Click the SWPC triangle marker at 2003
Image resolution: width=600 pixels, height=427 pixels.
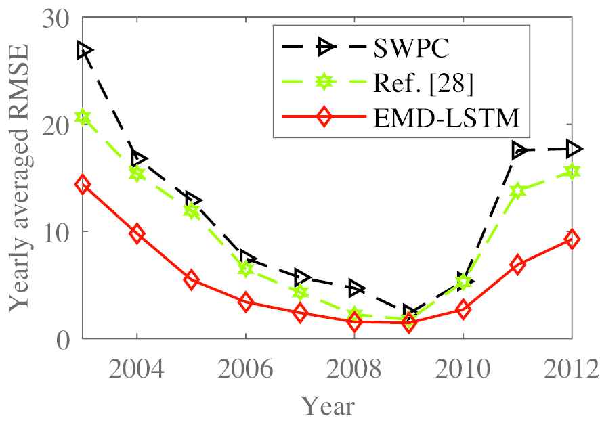(84, 50)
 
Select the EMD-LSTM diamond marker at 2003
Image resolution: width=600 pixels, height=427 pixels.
(83, 184)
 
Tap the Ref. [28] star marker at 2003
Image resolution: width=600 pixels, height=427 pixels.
(83, 117)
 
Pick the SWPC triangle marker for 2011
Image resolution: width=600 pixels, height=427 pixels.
(519, 150)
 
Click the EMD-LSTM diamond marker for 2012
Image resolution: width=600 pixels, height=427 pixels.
(572, 239)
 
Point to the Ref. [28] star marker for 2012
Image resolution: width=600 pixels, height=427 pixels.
(572, 172)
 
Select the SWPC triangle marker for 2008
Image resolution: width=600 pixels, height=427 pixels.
(356, 288)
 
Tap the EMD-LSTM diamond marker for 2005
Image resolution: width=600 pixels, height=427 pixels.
(191, 280)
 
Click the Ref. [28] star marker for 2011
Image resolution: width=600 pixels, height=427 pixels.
(517, 191)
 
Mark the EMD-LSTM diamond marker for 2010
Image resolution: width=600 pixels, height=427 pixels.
(463, 309)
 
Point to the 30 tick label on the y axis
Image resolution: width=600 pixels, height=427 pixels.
(56, 19)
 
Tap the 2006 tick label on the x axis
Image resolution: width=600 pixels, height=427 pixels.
(246, 370)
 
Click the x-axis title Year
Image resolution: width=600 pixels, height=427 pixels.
(328, 406)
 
